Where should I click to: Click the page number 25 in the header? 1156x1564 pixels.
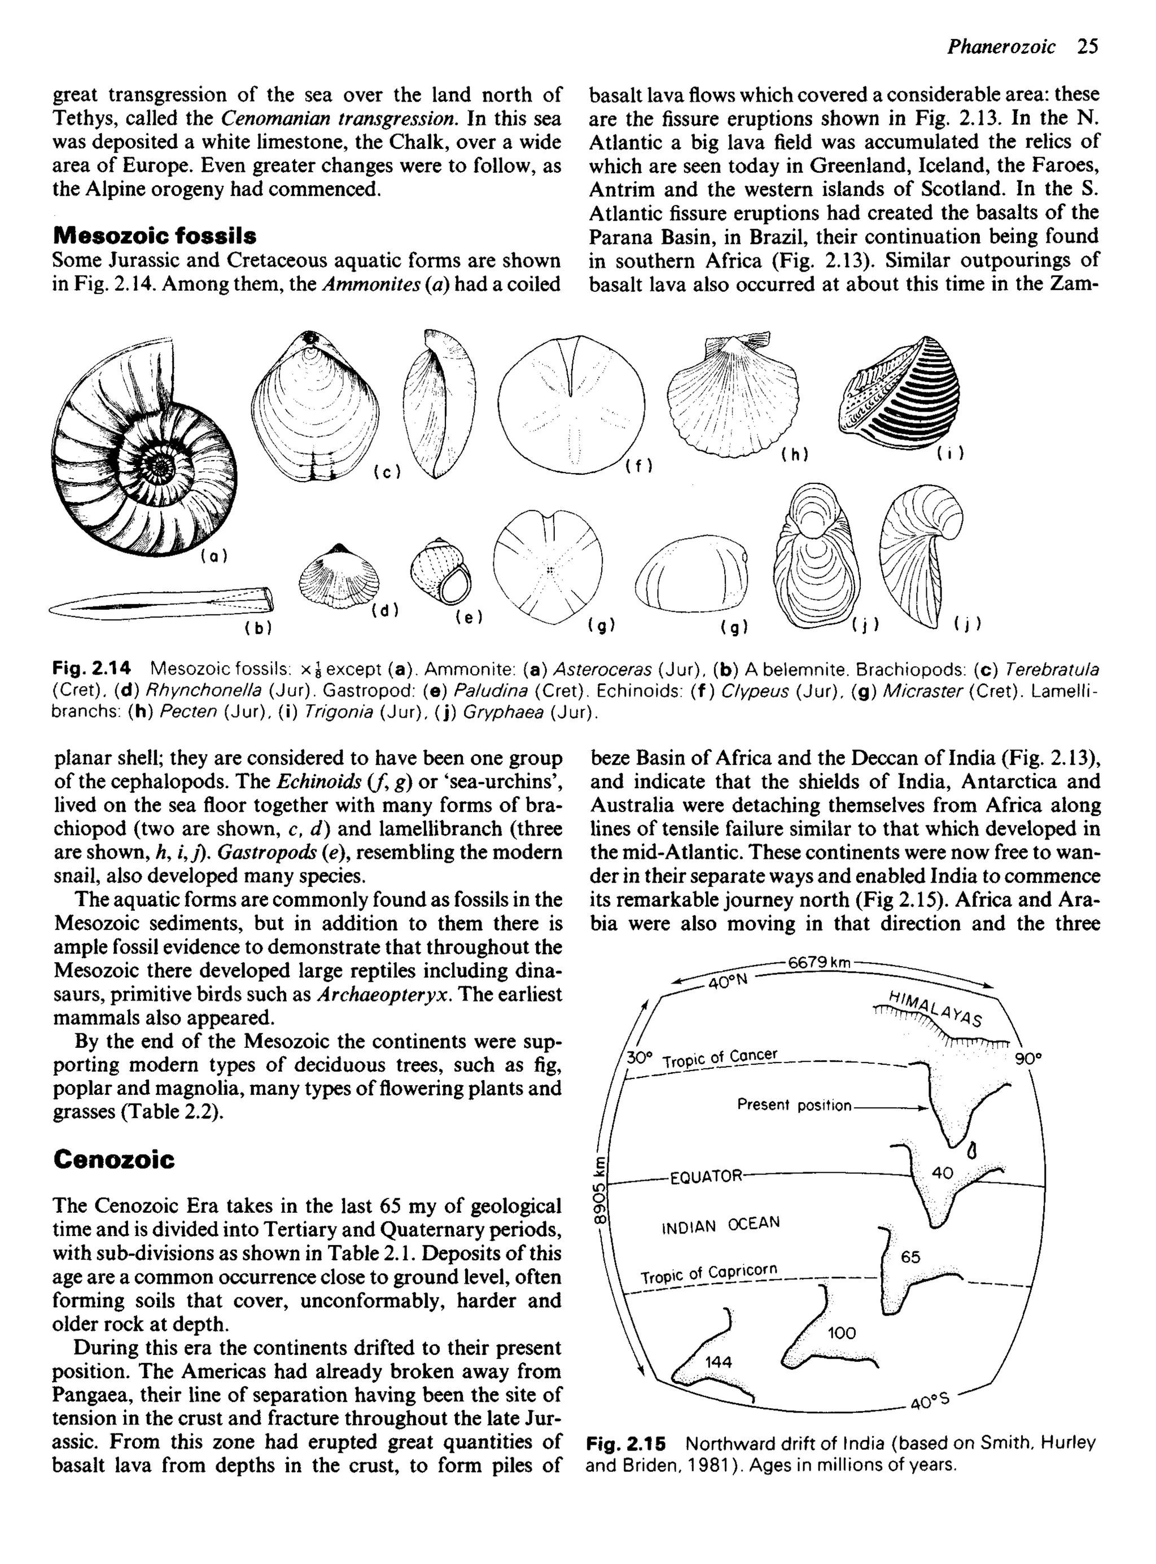pos(1088,46)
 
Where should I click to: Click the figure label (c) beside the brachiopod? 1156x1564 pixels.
pos(387,473)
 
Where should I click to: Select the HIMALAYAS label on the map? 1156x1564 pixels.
pos(935,1008)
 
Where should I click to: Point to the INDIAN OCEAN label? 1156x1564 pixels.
pos(720,1225)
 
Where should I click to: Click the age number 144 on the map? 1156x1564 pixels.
pos(718,1362)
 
